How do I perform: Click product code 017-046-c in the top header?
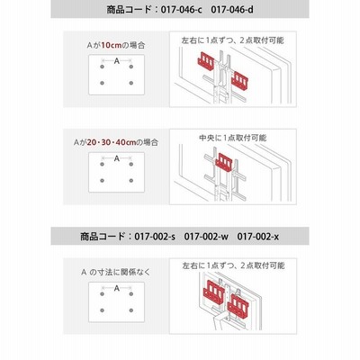pos(181,10)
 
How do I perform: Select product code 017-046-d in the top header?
pos(232,10)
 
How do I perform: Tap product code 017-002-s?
pos(155,237)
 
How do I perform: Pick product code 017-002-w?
pos(206,237)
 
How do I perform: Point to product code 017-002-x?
pos(258,237)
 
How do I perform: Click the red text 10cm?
pos(111,45)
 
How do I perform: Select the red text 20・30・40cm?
pos(112,142)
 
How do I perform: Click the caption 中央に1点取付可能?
pos(232,138)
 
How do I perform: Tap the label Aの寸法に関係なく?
pos(116,272)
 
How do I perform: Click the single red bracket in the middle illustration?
pos(224,162)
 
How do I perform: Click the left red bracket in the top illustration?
pos(206,61)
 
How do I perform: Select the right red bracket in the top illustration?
pos(240,80)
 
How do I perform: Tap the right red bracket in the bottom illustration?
pos(238,305)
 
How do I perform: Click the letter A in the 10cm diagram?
pos(117,61)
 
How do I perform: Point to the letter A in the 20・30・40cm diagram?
pos(117,158)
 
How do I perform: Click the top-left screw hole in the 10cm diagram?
pos(103,67)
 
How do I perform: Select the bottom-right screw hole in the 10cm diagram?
pos(131,83)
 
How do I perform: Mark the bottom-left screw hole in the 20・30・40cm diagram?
pos(103,181)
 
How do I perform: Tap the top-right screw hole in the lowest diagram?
pos(131,294)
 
